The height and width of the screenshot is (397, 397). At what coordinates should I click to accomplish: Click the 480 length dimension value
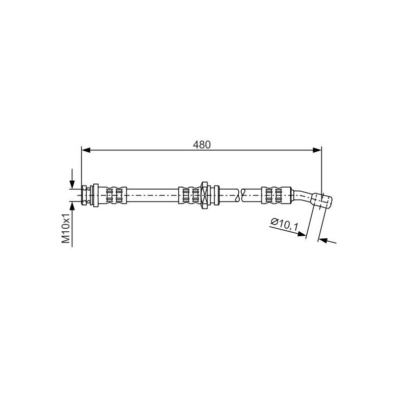[201, 145]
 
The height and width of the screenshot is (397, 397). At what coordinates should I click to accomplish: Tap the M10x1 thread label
[66, 228]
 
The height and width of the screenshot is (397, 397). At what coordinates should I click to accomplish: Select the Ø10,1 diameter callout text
[285, 224]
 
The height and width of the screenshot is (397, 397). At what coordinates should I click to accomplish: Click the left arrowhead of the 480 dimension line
[86, 150]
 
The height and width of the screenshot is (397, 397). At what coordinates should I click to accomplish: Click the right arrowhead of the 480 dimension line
[317, 150]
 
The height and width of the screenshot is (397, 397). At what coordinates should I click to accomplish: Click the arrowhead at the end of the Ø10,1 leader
[302, 234]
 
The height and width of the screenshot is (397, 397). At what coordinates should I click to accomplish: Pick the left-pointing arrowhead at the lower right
[323, 240]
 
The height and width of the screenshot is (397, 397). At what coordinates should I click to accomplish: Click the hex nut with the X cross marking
[204, 195]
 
